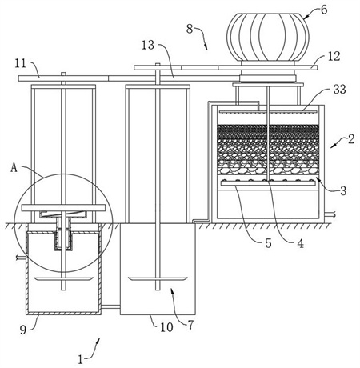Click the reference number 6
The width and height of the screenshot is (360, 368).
tap(324, 10)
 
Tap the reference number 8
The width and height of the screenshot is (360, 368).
tap(190, 29)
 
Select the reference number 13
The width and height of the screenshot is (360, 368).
tap(148, 45)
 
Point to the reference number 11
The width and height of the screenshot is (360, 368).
tap(21, 63)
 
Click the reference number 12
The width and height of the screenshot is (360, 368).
tap(334, 56)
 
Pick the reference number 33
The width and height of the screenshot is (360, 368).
tap(340, 89)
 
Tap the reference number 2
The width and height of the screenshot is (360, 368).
tap(351, 139)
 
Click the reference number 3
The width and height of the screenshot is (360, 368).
tap(343, 190)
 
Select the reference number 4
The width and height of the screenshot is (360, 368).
tap(301, 243)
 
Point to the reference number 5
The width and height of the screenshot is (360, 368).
tap(268, 243)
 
